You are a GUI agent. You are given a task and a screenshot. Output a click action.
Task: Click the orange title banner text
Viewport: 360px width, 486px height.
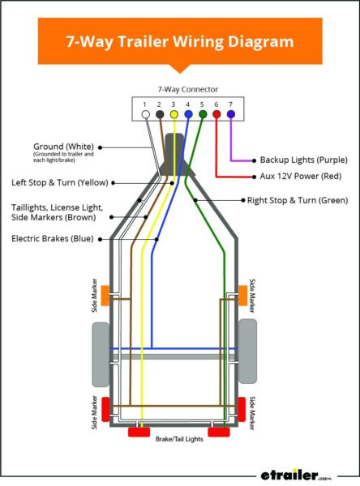pos(179,40)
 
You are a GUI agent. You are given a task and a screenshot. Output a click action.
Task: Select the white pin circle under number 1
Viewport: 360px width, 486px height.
pos(144,115)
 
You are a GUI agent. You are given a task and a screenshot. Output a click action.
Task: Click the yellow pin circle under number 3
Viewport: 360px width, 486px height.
pos(173,115)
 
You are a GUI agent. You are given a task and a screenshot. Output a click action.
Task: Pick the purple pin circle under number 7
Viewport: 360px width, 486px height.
pos(230,115)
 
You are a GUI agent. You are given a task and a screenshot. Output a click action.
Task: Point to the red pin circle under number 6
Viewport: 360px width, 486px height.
pos(216,115)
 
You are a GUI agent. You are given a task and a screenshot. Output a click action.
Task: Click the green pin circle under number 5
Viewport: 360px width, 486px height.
pos(202,115)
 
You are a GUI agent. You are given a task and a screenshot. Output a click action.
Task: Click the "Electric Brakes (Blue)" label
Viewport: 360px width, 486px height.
pos(52,238)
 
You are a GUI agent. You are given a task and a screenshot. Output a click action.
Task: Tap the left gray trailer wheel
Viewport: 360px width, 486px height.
pos(101,353)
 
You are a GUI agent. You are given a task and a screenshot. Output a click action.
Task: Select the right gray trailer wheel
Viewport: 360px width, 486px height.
pos(247,352)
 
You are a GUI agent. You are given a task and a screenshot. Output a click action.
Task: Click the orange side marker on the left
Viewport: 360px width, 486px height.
pos(105,296)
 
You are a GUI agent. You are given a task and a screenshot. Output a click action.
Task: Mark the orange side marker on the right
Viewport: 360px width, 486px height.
pos(242,296)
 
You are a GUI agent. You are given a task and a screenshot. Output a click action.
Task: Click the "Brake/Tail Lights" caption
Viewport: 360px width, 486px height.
pos(179,438)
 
